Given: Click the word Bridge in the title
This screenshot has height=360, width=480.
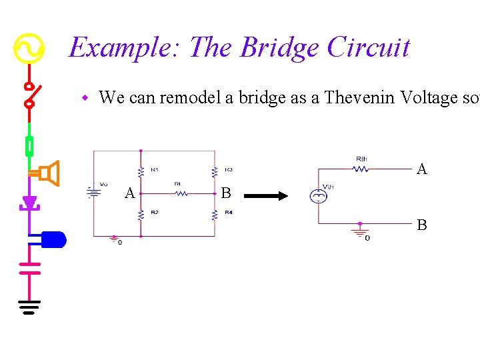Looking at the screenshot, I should point(279,48).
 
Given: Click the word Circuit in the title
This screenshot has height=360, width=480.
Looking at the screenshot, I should point(369,48).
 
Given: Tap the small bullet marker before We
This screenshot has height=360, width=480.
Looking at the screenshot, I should point(85,99).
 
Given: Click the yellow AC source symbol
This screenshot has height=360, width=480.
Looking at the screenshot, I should point(29,49).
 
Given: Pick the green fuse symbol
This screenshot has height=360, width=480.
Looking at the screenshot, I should point(29,145).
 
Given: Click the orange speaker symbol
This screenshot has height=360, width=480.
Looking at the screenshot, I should point(47,174).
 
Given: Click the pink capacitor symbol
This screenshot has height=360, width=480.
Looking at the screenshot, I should point(29,267).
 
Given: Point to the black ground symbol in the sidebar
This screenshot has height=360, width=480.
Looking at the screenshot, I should point(29,307).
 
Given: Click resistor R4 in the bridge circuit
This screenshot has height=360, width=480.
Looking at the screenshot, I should point(214,215).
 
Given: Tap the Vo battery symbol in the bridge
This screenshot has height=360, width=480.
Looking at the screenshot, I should point(94,193).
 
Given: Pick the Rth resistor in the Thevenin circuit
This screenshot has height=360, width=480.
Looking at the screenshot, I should point(361,169).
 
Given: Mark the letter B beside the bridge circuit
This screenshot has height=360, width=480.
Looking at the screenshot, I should point(225,194).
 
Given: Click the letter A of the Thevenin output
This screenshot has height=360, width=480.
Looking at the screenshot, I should point(421,169).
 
